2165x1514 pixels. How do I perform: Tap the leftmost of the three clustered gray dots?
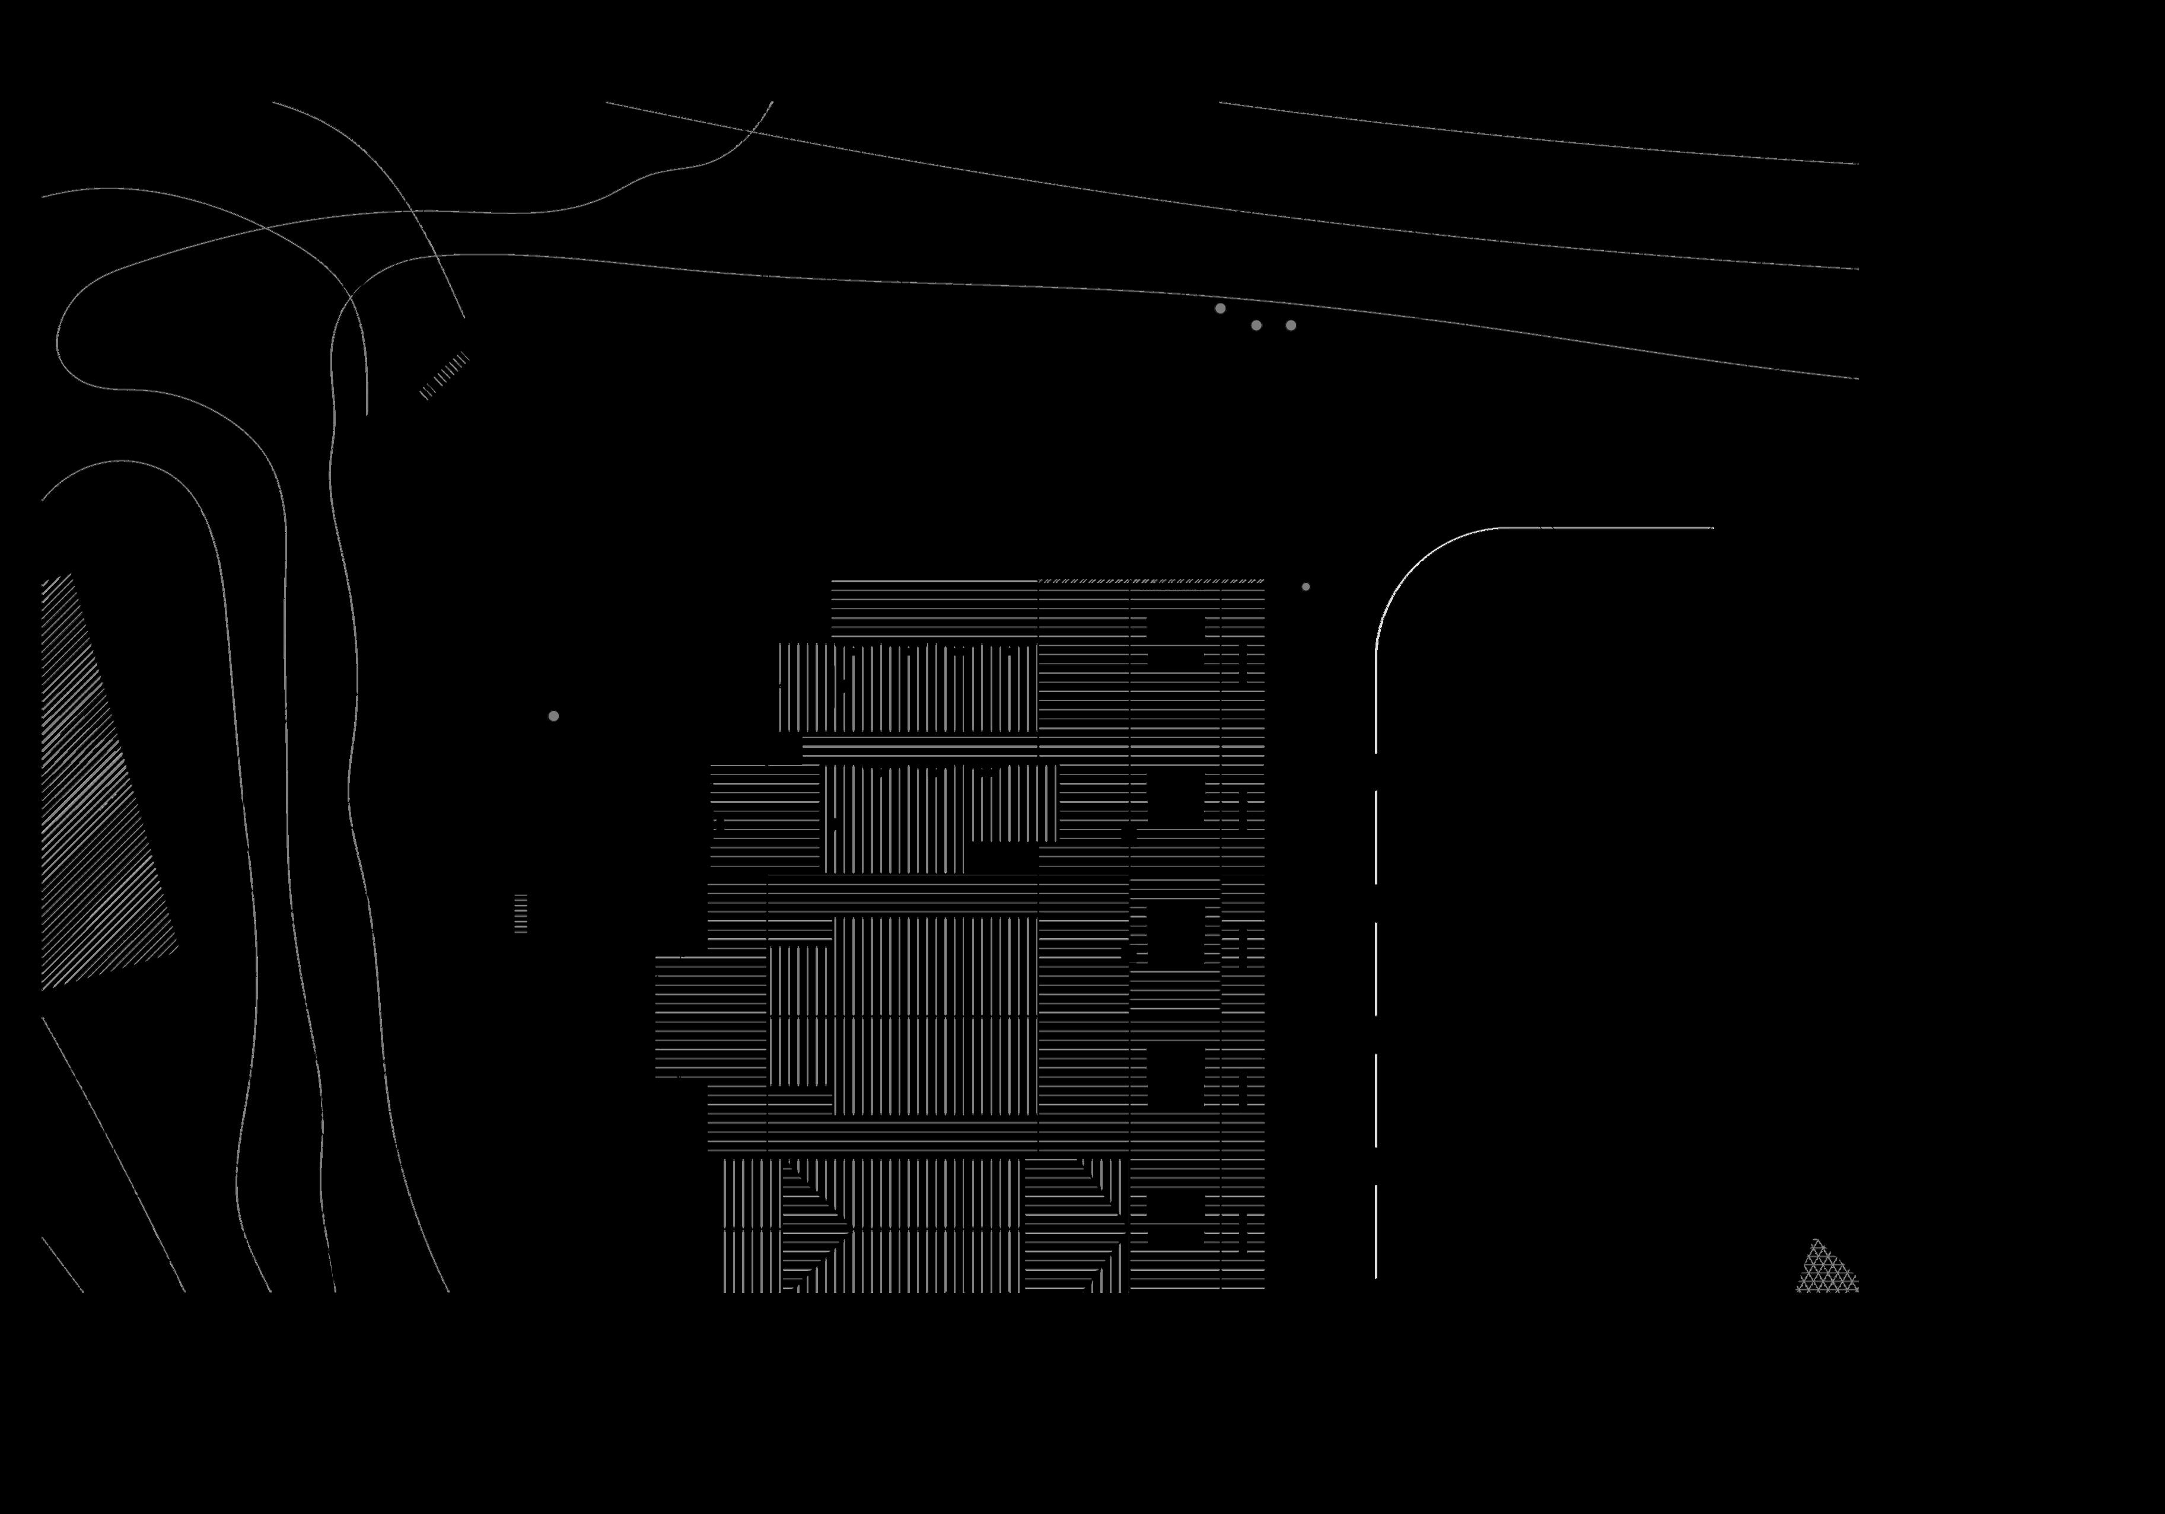tap(1220, 308)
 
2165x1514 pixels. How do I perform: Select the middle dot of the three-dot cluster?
tap(1256, 325)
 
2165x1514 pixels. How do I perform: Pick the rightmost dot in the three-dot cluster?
tap(1291, 325)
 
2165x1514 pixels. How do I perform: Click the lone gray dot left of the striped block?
tap(553, 716)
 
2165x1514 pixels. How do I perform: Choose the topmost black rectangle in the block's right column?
tap(1176, 643)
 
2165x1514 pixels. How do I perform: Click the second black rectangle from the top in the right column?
tap(1176, 799)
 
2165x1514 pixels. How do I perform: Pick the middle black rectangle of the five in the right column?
tap(1176, 933)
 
